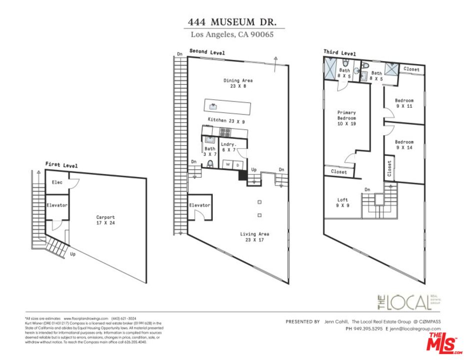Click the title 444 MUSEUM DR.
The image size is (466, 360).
[232, 22]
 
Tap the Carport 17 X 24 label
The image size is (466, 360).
[105, 220]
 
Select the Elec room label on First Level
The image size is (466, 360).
[56, 182]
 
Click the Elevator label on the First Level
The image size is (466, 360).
[56, 205]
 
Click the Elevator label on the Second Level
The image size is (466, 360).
[199, 205]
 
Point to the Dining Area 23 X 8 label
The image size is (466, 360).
[238, 83]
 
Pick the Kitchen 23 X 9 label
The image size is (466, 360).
[226, 120]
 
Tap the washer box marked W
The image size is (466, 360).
[228, 164]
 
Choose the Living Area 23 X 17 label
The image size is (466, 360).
[255, 236]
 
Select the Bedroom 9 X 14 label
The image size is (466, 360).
[404, 144]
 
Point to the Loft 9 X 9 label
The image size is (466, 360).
[343, 202]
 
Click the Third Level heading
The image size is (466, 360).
[340, 52]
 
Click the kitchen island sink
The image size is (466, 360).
[213, 106]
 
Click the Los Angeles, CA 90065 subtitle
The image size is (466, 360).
[232, 34]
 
